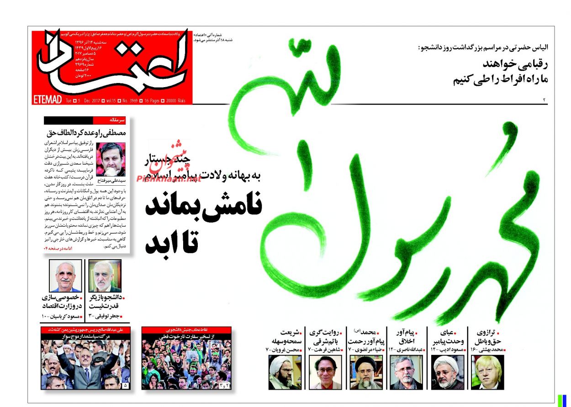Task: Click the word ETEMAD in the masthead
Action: pos(48,99)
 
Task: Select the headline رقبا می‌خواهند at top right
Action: pos(513,64)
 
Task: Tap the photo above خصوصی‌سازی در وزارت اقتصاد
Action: pos(65,276)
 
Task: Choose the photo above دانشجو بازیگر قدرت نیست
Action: pos(105,276)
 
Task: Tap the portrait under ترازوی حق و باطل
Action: pos(487,372)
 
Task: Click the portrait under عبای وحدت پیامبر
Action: pos(447,372)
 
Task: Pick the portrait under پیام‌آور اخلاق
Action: pos(406,372)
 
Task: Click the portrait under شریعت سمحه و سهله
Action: pos(285,372)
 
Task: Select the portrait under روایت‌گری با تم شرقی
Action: pos(325,372)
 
